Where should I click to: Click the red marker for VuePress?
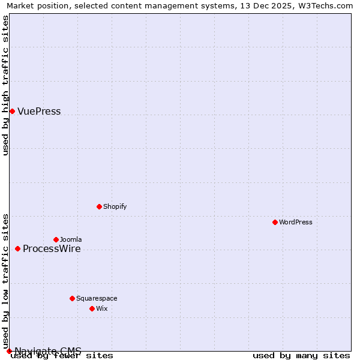[12, 111]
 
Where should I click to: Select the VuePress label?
[39, 112]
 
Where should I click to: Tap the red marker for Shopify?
[99, 206]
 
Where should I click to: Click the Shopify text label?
[115, 206]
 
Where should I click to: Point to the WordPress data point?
[275, 222]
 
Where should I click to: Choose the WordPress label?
[295, 222]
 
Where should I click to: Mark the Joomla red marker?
[56, 239]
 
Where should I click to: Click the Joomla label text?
[71, 239]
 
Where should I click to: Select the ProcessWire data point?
[17, 248]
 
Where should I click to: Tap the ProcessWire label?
[52, 249]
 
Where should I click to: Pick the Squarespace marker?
[72, 298]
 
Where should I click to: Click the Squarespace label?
[97, 298]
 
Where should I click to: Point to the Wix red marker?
[92, 308]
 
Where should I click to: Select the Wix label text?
[102, 308]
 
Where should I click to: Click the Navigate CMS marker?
[9, 351]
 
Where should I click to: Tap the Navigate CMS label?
[48, 351]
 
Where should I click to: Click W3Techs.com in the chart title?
[328, 6]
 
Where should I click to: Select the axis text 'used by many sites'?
[301, 355]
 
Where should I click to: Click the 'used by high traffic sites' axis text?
[6, 85]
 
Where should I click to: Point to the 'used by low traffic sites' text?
[6, 281]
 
